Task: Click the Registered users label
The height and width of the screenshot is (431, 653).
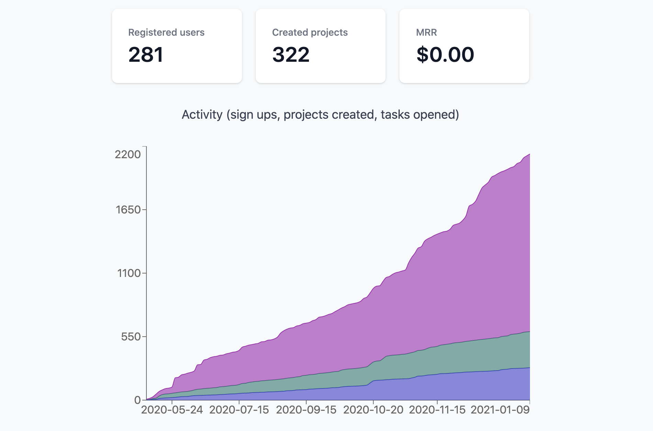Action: pyautogui.click(x=166, y=33)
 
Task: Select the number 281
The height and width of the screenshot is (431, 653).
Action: pyautogui.click(x=146, y=55)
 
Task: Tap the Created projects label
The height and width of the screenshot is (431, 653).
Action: pyautogui.click(x=310, y=33)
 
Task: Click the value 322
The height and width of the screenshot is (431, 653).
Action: pyautogui.click(x=291, y=55)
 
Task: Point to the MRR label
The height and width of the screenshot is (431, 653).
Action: pyautogui.click(x=426, y=33)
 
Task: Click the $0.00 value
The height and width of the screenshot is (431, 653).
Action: pyautogui.click(x=445, y=55)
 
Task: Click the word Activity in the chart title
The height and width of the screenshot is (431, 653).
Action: pyautogui.click(x=202, y=115)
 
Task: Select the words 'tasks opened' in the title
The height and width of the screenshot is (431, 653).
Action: pyautogui.click(x=420, y=115)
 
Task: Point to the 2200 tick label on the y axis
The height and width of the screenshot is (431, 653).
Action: pyautogui.click(x=128, y=154)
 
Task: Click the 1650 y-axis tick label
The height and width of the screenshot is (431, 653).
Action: pyautogui.click(x=128, y=210)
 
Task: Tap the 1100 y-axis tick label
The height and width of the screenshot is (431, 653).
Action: pyautogui.click(x=129, y=273)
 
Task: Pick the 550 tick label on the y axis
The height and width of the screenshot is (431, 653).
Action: pyautogui.click(x=131, y=337)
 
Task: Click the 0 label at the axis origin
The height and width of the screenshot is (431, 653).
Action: pyautogui.click(x=137, y=400)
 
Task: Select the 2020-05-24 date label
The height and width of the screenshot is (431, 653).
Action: pyautogui.click(x=172, y=410)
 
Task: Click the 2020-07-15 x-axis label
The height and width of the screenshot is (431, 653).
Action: pyautogui.click(x=239, y=410)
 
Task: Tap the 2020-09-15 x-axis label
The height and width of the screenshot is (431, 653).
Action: pyautogui.click(x=306, y=410)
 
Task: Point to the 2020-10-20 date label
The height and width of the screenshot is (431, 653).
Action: pyautogui.click(x=373, y=410)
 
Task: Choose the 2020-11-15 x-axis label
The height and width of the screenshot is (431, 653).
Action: pyautogui.click(x=437, y=410)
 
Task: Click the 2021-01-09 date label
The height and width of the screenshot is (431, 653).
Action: pyautogui.click(x=500, y=410)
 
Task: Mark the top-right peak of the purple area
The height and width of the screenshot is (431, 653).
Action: pyautogui.click(x=529, y=154)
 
